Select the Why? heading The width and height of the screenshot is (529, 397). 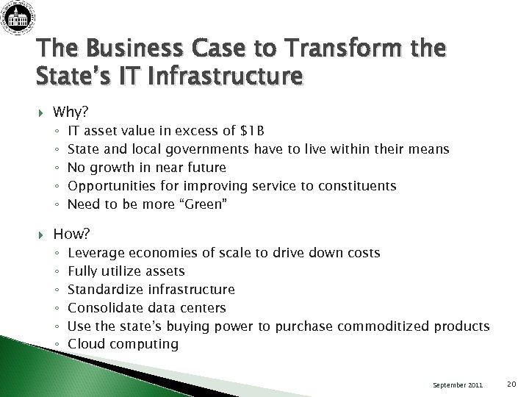coord(70,113)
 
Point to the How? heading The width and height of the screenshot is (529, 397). coord(71,235)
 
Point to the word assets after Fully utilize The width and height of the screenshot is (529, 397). coord(165,271)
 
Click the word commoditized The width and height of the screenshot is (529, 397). coord(388,326)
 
